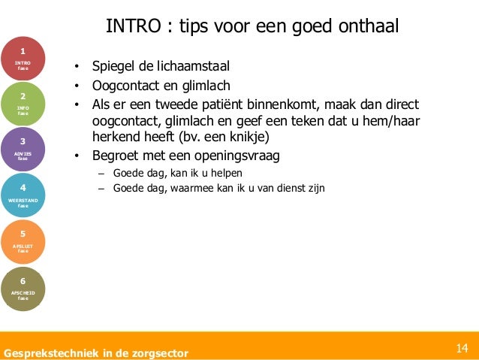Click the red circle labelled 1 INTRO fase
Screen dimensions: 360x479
[x=23, y=58]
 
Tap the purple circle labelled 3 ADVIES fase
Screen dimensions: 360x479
[x=23, y=148]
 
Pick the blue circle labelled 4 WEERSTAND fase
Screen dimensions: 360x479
[x=23, y=195]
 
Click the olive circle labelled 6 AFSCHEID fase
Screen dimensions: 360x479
[x=23, y=289]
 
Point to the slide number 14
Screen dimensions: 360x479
[x=462, y=348]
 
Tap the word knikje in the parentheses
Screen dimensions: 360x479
[x=243, y=138]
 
